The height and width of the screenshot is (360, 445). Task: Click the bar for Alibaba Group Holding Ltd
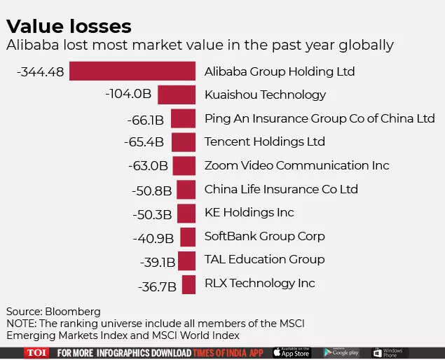(132, 71)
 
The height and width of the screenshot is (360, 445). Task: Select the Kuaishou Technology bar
(176, 95)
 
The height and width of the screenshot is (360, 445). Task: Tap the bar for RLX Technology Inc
(189, 284)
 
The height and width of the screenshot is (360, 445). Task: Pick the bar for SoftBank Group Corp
(187, 237)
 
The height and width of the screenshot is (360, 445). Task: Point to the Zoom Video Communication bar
(184, 166)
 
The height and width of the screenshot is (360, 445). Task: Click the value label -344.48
(40, 71)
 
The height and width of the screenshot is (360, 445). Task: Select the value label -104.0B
(128, 95)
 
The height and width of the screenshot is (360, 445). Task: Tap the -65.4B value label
(144, 142)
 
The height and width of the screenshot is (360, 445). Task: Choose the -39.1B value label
(157, 261)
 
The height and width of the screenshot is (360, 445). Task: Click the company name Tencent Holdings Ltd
(264, 141)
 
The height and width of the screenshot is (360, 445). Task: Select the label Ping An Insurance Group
(320, 118)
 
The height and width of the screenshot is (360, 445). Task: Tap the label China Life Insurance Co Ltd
(281, 189)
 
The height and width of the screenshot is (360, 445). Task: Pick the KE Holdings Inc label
(249, 212)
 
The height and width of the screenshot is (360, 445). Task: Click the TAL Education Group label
(264, 259)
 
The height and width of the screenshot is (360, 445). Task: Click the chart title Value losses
(69, 27)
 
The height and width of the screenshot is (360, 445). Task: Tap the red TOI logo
(36, 353)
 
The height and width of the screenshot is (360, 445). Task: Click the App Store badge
(291, 353)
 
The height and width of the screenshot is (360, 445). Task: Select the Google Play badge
(341, 353)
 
